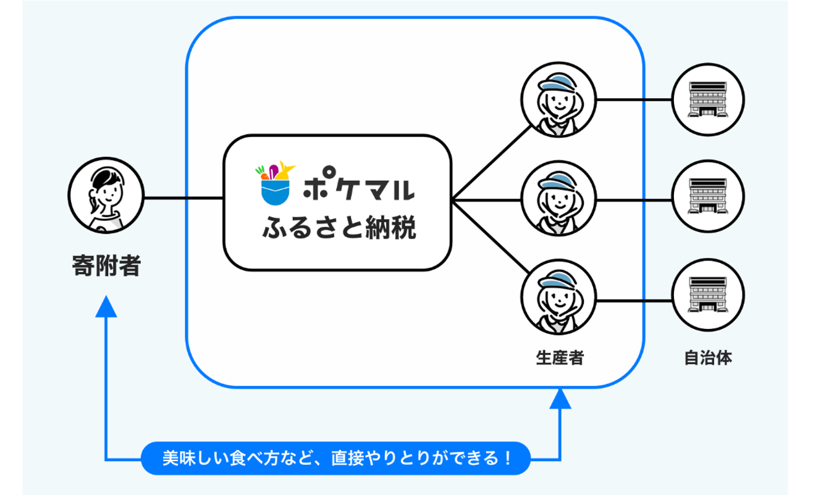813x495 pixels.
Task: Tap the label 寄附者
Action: (x=106, y=267)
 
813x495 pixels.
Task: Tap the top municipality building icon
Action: (x=708, y=99)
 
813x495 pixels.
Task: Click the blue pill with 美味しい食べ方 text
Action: (x=337, y=458)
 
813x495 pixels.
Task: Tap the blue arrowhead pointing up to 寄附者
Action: (x=107, y=305)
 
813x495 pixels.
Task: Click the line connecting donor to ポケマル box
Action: (x=183, y=199)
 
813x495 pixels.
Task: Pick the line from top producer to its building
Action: (x=633, y=99)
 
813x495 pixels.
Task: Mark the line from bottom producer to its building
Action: (x=633, y=301)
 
